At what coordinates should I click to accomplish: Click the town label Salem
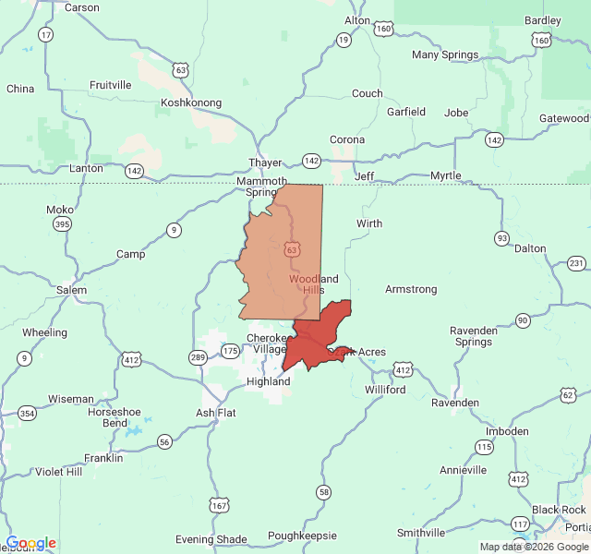point(72,290)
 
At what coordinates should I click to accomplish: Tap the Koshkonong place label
point(191,103)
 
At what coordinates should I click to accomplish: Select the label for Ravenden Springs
point(473,336)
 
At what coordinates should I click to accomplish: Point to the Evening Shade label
point(211,539)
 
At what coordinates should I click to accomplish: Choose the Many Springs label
point(445,55)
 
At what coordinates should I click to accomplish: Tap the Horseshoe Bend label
point(114,417)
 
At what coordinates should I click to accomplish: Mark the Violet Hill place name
point(58,472)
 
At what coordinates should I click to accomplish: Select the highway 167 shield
point(219,505)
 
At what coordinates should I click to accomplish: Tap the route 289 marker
point(199,357)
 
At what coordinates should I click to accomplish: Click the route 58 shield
point(323,492)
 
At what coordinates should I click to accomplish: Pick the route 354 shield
point(28,413)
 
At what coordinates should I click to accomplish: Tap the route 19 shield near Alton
point(344,40)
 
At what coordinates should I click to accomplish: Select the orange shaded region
point(282,249)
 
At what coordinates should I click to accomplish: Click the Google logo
point(30,544)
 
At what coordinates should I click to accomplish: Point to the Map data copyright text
point(533,547)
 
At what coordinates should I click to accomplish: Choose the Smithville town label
point(420,533)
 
